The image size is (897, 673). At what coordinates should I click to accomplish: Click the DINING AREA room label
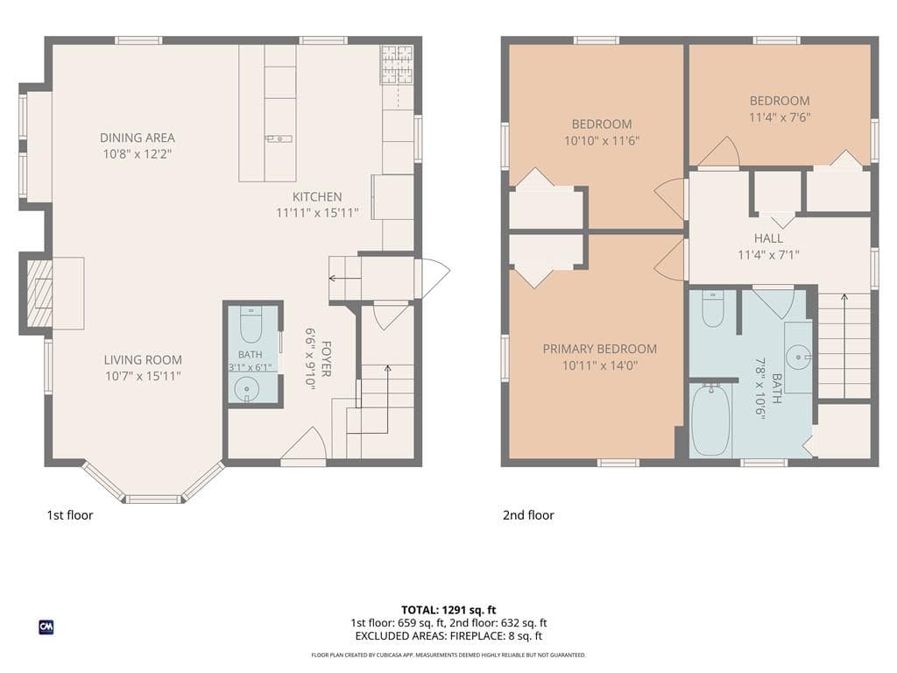(138, 138)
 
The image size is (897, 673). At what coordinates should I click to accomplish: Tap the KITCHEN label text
(317, 197)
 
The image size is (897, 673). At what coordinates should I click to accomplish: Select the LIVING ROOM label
(143, 360)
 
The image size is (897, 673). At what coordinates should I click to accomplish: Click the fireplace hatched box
(40, 294)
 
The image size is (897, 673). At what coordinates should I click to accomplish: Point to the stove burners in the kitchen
(397, 64)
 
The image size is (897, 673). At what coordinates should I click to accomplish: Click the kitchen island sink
(279, 138)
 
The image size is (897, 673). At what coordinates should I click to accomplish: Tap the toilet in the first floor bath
(251, 324)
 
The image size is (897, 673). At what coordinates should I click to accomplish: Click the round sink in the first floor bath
(246, 390)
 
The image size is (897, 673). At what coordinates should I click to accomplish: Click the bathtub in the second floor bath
(710, 420)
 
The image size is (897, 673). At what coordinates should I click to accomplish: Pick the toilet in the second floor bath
(713, 308)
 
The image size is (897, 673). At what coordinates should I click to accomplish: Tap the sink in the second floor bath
(798, 358)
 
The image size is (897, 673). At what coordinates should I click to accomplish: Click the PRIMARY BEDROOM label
(599, 349)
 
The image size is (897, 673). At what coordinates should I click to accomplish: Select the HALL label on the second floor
(768, 238)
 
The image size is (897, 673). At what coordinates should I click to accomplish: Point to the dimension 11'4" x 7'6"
(780, 117)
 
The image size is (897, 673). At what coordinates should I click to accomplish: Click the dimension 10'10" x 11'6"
(602, 141)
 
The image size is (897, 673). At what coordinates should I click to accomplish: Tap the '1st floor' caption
(70, 515)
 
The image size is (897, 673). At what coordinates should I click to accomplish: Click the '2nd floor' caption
(528, 515)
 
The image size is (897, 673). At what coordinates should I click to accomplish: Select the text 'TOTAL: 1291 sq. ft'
(448, 610)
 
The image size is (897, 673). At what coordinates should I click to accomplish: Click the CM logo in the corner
(46, 627)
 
